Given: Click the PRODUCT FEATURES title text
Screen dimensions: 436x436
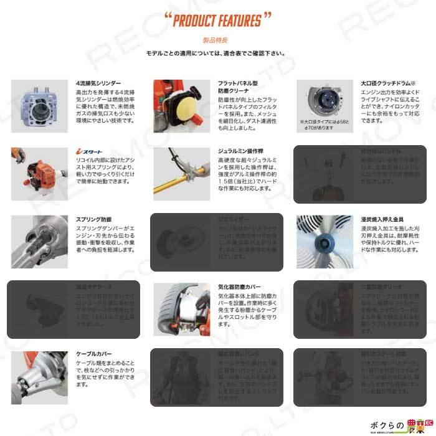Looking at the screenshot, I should click(x=217, y=21).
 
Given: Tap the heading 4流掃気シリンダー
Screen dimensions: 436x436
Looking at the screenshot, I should click(x=98, y=83).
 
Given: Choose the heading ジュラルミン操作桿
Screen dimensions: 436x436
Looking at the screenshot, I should click(x=240, y=151).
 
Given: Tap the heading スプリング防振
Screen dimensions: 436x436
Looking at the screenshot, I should click(x=94, y=220).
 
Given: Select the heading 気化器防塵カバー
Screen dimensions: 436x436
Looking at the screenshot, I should click(x=240, y=287).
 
